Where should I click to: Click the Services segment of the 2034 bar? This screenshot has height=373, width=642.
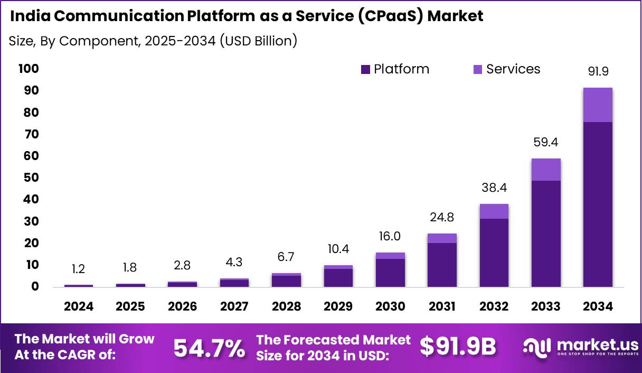(598, 105)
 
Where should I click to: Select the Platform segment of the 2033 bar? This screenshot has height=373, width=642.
(546, 234)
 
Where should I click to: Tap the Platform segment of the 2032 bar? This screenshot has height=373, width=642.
(494, 253)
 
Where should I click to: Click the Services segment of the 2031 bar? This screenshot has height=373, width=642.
(442, 238)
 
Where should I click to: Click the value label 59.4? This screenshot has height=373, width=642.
(546, 142)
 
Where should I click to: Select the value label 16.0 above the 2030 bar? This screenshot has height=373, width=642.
(390, 236)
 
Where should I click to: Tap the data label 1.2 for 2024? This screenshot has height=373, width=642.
(78, 269)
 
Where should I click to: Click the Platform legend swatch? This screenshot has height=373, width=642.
(365, 70)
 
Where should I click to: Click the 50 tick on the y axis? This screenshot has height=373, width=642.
(31, 178)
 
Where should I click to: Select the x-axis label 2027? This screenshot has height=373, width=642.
(234, 306)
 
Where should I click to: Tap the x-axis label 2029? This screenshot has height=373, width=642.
(338, 306)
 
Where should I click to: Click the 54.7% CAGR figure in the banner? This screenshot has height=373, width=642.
(209, 348)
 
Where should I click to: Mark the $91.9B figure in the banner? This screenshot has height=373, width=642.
(458, 347)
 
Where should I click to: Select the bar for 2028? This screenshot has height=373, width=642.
(286, 280)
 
